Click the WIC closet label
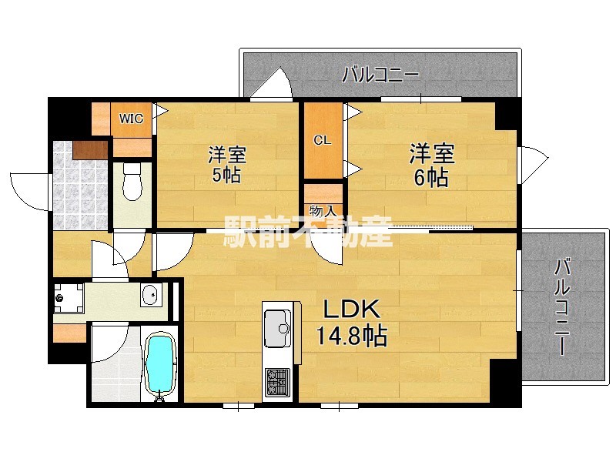(x=131, y=119)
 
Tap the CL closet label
(x=322, y=140)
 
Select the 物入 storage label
(x=323, y=211)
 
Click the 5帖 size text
(x=226, y=176)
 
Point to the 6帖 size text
(x=431, y=178)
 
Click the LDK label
(x=352, y=309)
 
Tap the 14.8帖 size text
(x=352, y=335)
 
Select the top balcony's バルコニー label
(x=380, y=75)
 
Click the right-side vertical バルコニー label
(x=563, y=306)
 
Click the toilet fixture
(x=132, y=182)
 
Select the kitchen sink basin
(x=278, y=329)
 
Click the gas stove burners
(x=278, y=382)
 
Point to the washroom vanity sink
(x=151, y=295)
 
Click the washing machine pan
(x=69, y=298)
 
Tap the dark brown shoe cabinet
(x=90, y=150)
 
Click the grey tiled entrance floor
(x=80, y=186)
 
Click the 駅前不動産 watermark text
(x=308, y=232)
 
